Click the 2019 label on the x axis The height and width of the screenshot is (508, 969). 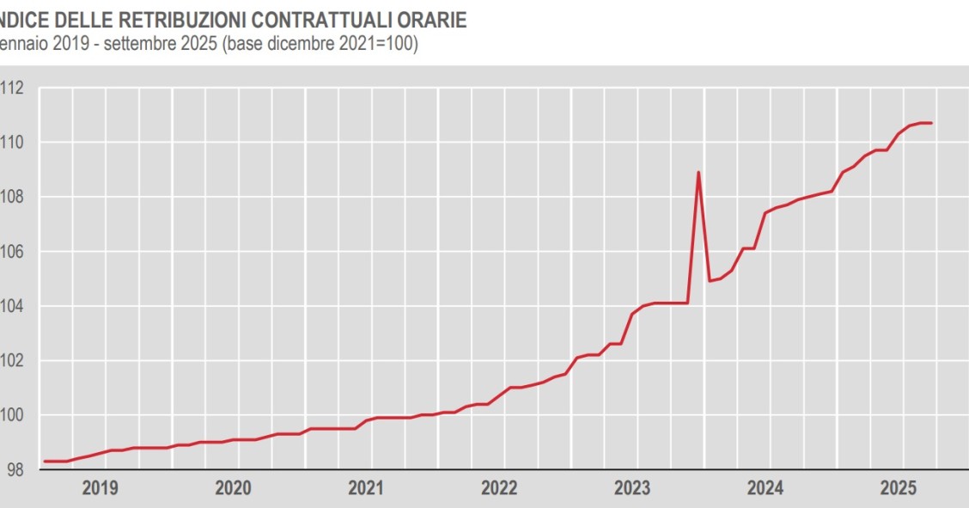click(100, 488)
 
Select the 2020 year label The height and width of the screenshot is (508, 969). click(233, 488)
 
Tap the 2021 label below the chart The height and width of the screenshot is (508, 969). click(366, 488)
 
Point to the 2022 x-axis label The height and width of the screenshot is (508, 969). click(499, 488)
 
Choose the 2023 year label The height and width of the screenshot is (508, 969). click(632, 488)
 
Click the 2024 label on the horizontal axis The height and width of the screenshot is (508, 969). click(765, 488)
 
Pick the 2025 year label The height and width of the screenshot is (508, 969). click(899, 488)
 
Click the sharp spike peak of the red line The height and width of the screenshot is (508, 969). click(698, 172)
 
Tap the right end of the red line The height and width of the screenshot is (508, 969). click(932, 123)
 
